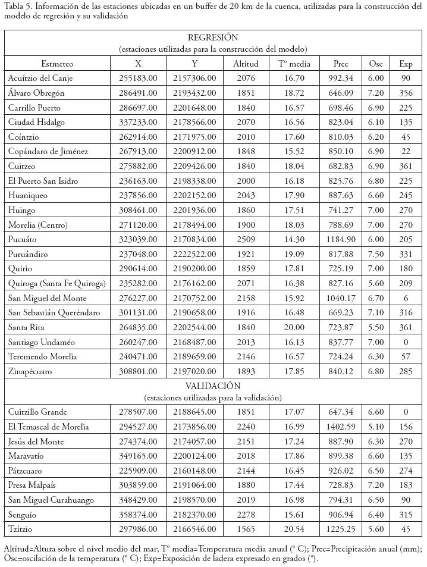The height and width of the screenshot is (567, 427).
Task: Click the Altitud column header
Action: click(241, 64)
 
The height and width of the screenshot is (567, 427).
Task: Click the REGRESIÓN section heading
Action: click(212, 37)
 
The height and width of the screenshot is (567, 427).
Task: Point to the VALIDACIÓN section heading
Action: click(212, 386)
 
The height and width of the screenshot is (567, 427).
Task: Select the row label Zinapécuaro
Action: click(30, 371)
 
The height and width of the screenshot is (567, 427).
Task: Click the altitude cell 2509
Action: click(241, 239)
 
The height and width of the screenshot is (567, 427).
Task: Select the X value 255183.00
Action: click(138, 79)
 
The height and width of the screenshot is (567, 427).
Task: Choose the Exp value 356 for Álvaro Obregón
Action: click(406, 93)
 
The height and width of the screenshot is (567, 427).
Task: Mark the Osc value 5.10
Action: click(376, 427)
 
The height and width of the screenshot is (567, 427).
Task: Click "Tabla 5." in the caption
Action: click(18, 7)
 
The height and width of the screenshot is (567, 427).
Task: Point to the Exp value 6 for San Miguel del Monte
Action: click(406, 298)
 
